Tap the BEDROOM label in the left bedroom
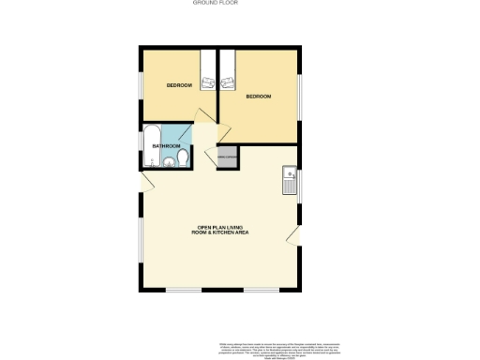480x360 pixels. click(x=179, y=85)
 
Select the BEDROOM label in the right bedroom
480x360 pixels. click(x=258, y=97)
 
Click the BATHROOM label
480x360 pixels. click(x=166, y=145)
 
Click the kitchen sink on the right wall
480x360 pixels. click(x=291, y=175)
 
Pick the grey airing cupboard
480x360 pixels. click(x=225, y=157)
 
